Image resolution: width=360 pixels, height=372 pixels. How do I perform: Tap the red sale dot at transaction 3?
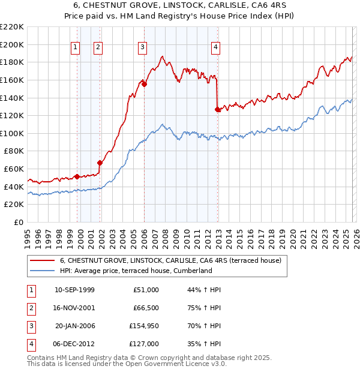(145, 84)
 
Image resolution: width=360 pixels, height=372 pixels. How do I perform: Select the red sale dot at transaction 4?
(217, 109)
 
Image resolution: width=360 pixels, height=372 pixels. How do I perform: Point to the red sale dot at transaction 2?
(100, 163)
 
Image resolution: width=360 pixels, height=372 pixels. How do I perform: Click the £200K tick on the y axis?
(12, 44)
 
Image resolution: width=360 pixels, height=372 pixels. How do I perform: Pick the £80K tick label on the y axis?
(14, 151)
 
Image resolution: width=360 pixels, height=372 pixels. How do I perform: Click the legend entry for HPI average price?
(136, 271)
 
